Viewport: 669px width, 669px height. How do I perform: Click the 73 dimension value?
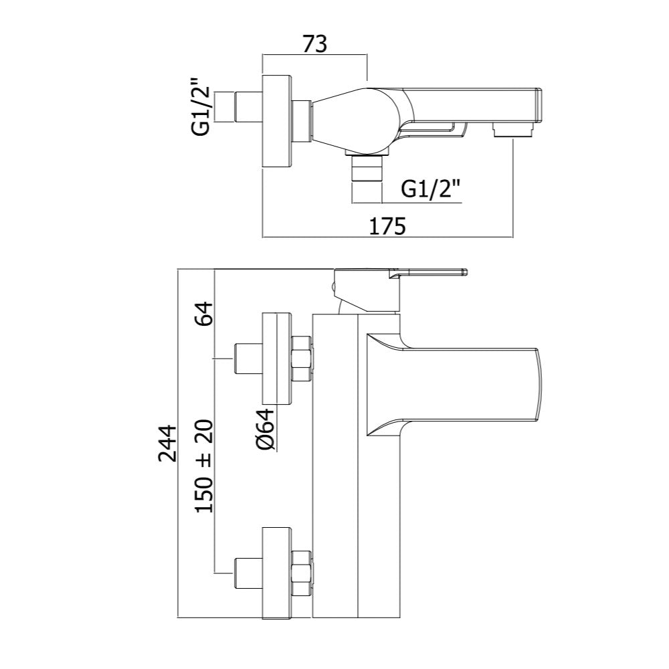(315, 44)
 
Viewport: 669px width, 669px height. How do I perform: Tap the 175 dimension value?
(387, 226)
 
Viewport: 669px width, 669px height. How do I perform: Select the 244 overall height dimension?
(167, 444)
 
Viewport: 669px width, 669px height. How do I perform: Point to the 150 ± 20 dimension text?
(204, 466)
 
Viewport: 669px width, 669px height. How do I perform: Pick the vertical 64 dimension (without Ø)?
(204, 314)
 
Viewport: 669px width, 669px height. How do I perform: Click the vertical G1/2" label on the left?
(201, 107)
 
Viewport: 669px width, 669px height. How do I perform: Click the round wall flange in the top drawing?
(276, 122)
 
